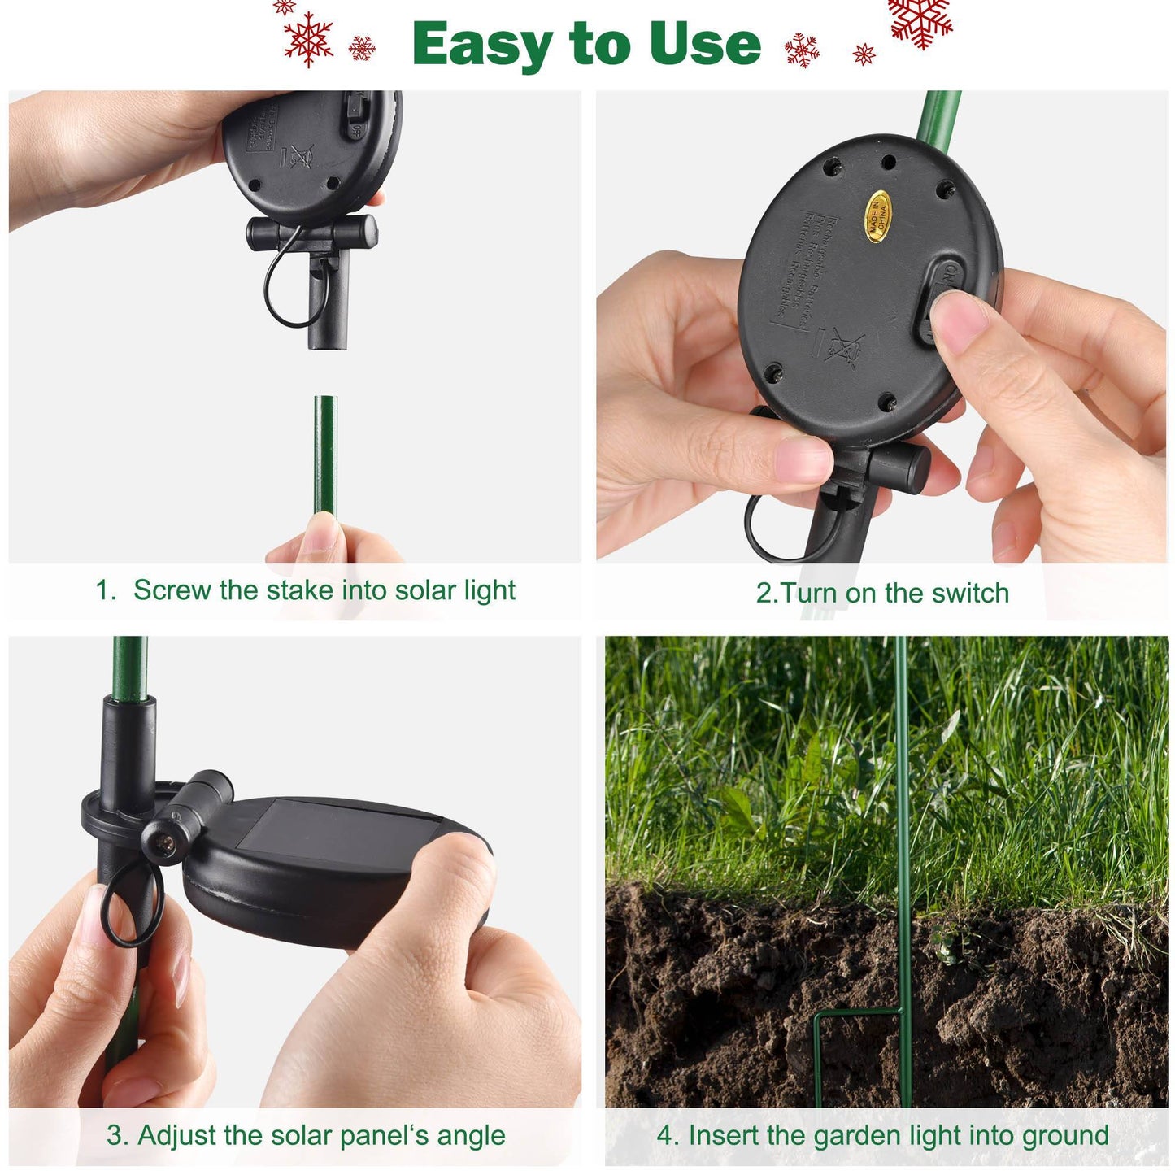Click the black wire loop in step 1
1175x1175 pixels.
pos(285,285)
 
